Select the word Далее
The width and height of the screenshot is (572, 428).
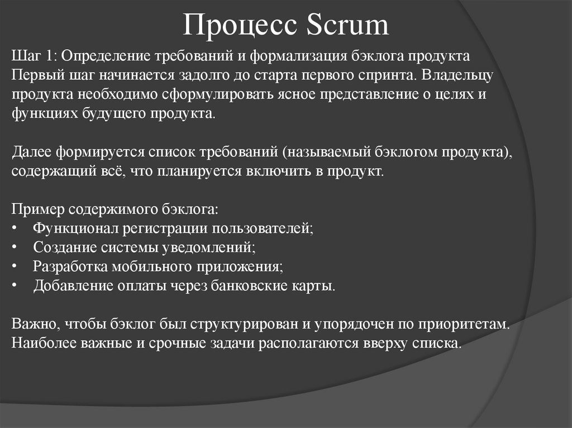31,152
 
